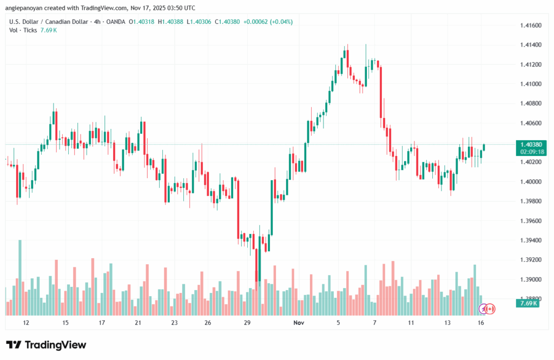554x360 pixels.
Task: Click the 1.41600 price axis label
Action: click(530, 25)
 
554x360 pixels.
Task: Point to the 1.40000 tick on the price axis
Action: click(530, 181)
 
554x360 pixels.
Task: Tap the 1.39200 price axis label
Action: click(530, 259)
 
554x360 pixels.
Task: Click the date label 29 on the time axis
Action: click(247, 323)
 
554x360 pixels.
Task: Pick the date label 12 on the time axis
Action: click(25, 323)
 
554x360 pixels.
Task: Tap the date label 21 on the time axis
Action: click(138, 323)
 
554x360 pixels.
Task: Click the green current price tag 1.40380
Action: click(530, 145)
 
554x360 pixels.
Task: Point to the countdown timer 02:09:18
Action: click(530, 152)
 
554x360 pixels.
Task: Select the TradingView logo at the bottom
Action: click(46, 345)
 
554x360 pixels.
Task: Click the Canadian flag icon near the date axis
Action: click(490, 309)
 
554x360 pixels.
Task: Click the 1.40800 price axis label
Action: click(530, 103)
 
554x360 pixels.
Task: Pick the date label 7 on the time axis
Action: click(374, 323)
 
